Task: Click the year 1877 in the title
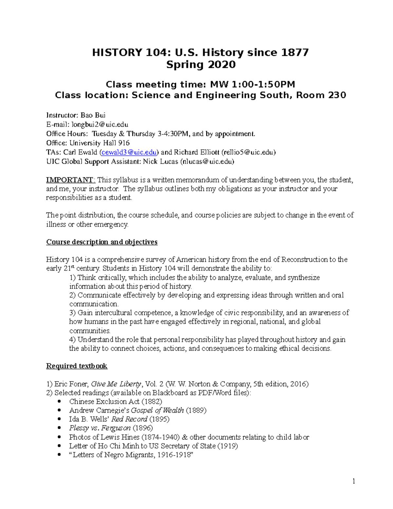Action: pos(294,52)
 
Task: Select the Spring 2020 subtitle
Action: pos(201,65)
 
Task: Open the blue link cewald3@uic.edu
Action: pos(129,152)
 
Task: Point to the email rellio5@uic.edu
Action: pos(249,152)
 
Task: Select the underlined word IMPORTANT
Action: pos(70,180)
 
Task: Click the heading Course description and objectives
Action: pos(102,242)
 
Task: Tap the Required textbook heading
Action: pos(77,366)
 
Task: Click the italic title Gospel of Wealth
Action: pos(157,410)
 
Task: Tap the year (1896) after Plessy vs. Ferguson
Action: pos(142,428)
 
